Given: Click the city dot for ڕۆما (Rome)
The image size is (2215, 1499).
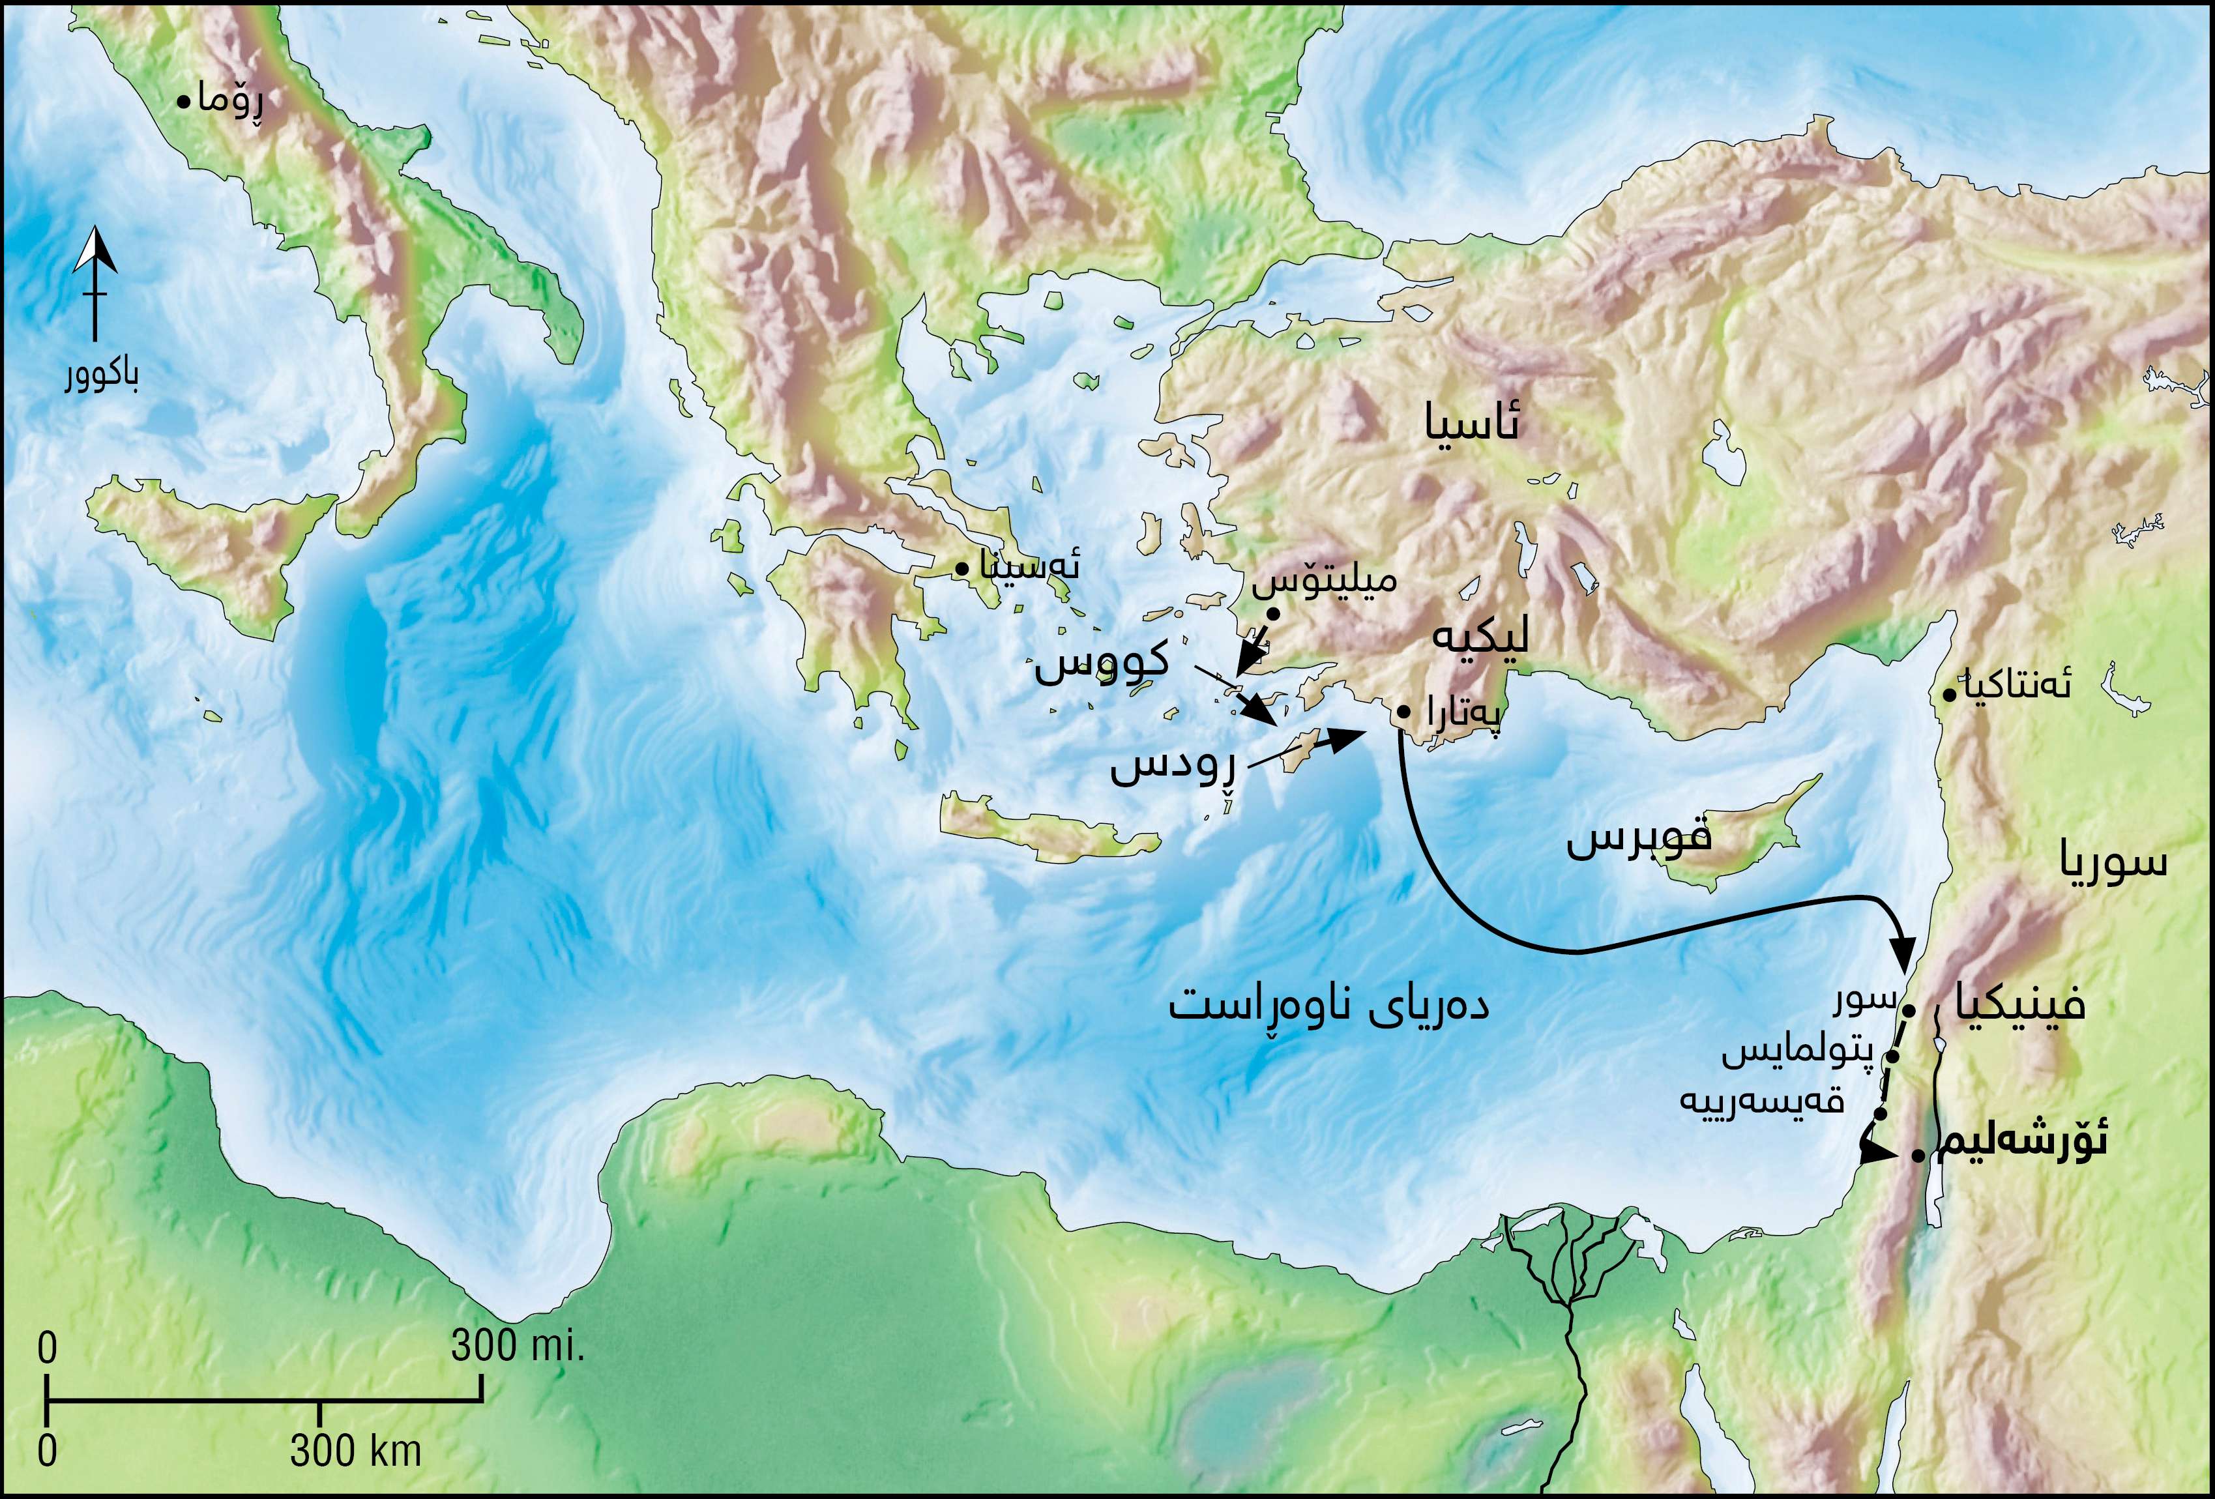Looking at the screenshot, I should click(x=184, y=100).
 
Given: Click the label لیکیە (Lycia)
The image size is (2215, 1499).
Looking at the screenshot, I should click(x=1480, y=637).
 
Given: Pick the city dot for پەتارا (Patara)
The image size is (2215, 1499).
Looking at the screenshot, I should click(x=1404, y=712).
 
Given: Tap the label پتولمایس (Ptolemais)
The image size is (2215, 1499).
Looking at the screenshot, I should click(x=1798, y=1052).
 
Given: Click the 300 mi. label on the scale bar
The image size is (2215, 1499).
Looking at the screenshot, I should click(x=516, y=1346).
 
